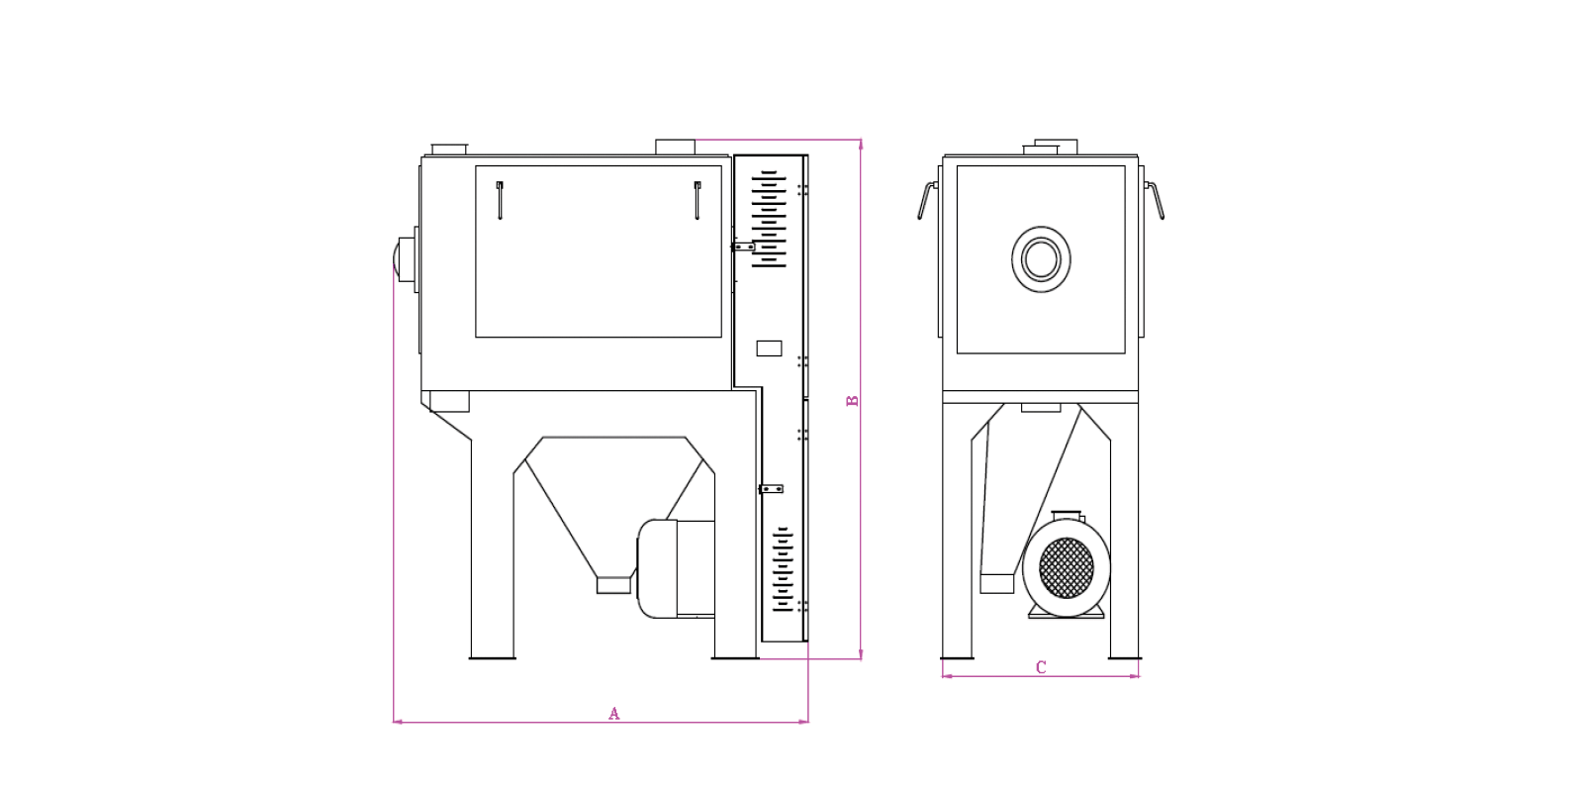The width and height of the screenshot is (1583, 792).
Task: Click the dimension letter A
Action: click(614, 714)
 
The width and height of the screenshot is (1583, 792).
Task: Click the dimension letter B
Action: click(852, 400)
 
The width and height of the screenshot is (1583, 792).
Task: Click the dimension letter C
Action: click(1041, 667)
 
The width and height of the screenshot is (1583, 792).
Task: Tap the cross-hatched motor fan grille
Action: click(1067, 568)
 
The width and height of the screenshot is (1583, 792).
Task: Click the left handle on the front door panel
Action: click(500, 201)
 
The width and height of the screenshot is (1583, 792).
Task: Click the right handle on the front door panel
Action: click(697, 201)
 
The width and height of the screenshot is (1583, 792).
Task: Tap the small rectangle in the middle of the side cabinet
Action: click(769, 347)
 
